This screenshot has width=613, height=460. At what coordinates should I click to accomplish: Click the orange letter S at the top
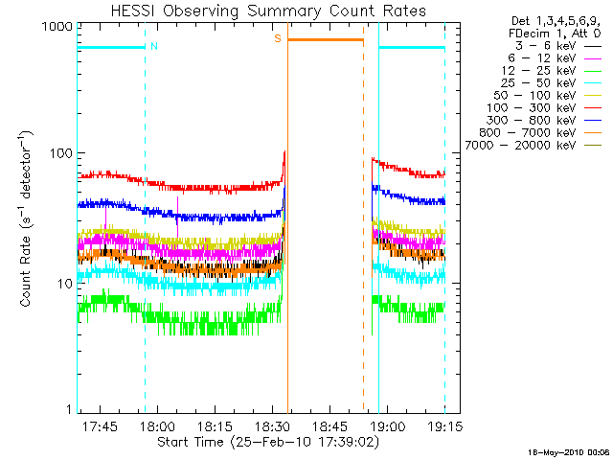[x=278, y=38]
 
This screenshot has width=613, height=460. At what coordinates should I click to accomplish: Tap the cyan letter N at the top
[x=153, y=45]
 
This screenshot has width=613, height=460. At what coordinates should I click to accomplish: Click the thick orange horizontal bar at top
[x=326, y=39]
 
